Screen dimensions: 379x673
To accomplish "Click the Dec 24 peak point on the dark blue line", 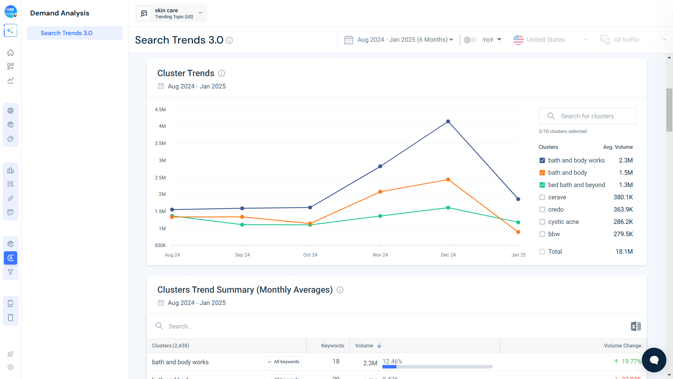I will [x=448, y=121].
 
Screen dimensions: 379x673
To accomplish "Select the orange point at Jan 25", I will [x=518, y=232].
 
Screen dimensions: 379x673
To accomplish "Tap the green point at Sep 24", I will [x=242, y=225].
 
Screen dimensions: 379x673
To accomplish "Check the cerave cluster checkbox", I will [x=542, y=197].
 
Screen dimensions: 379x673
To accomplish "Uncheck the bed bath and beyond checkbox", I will [x=542, y=185].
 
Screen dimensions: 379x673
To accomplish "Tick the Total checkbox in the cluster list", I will [x=542, y=252].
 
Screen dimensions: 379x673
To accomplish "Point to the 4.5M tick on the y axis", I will [x=160, y=109].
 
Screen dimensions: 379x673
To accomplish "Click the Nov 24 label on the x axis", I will [x=380, y=255].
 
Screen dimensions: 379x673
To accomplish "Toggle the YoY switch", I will [x=470, y=40].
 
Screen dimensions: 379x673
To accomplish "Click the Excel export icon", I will [x=635, y=326].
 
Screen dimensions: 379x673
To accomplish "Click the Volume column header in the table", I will [x=364, y=346].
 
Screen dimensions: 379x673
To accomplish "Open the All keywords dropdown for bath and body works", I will [x=283, y=362].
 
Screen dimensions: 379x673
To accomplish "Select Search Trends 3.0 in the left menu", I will [x=67, y=33].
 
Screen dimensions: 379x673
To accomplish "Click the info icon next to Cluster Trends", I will [x=222, y=73].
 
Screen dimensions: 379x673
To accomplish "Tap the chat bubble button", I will [x=654, y=360].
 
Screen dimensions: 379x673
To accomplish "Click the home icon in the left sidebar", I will [x=11, y=53].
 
